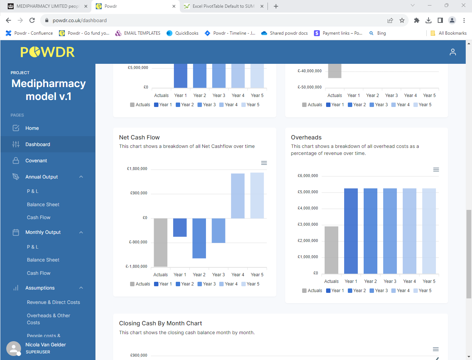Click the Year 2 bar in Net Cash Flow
[x=199, y=238]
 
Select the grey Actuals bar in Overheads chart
[x=331, y=250]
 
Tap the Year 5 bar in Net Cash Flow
[x=257, y=195]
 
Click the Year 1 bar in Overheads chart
[x=351, y=231]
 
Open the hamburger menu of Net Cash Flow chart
[x=264, y=163]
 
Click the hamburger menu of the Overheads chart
[x=436, y=170]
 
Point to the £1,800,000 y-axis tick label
[x=137, y=169]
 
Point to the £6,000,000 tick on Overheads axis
[x=308, y=176]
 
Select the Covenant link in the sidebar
[x=36, y=161]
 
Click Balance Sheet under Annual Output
[x=43, y=205]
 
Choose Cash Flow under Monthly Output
[x=39, y=273]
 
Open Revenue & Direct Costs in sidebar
[x=53, y=302]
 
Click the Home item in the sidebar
[x=32, y=128]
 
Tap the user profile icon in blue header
[x=452, y=52]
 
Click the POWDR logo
[x=48, y=52]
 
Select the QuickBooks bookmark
[x=183, y=33]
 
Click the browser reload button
[x=32, y=20]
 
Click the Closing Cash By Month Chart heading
[x=160, y=323]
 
